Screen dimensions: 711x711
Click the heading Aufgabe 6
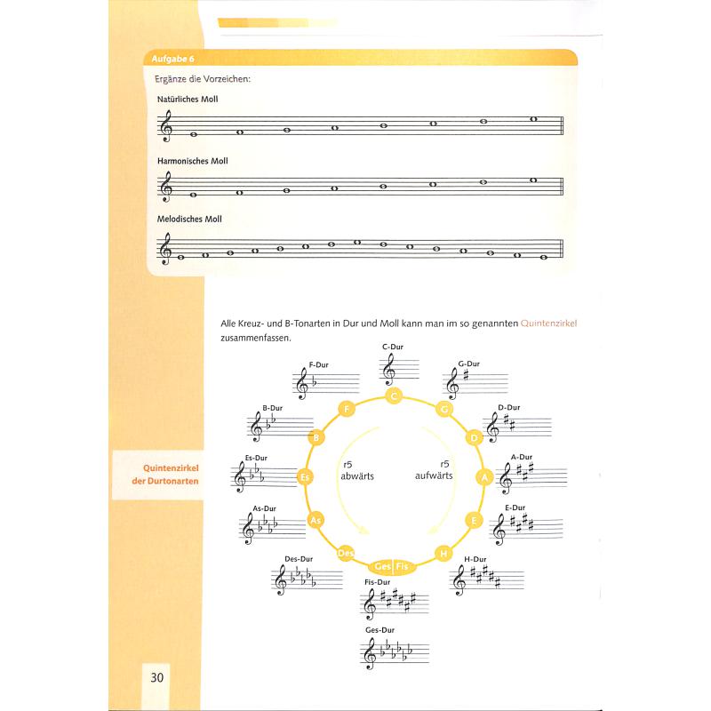[172, 59]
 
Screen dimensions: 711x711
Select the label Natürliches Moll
[187, 100]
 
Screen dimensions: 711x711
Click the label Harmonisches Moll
[192, 161]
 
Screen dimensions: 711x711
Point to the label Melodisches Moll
[188, 219]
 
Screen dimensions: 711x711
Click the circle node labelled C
[393, 396]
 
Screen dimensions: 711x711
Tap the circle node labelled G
[442, 410]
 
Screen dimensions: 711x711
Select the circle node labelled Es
[305, 477]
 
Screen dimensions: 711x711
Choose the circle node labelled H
[442, 553]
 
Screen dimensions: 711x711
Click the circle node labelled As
[314, 520]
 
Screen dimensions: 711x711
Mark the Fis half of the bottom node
[402, 566]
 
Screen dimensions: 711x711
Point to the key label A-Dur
[520, 458]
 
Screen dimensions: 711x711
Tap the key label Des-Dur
[299, 559]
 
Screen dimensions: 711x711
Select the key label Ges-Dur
[379, 629]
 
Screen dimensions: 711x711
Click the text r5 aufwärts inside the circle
[434, 470]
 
